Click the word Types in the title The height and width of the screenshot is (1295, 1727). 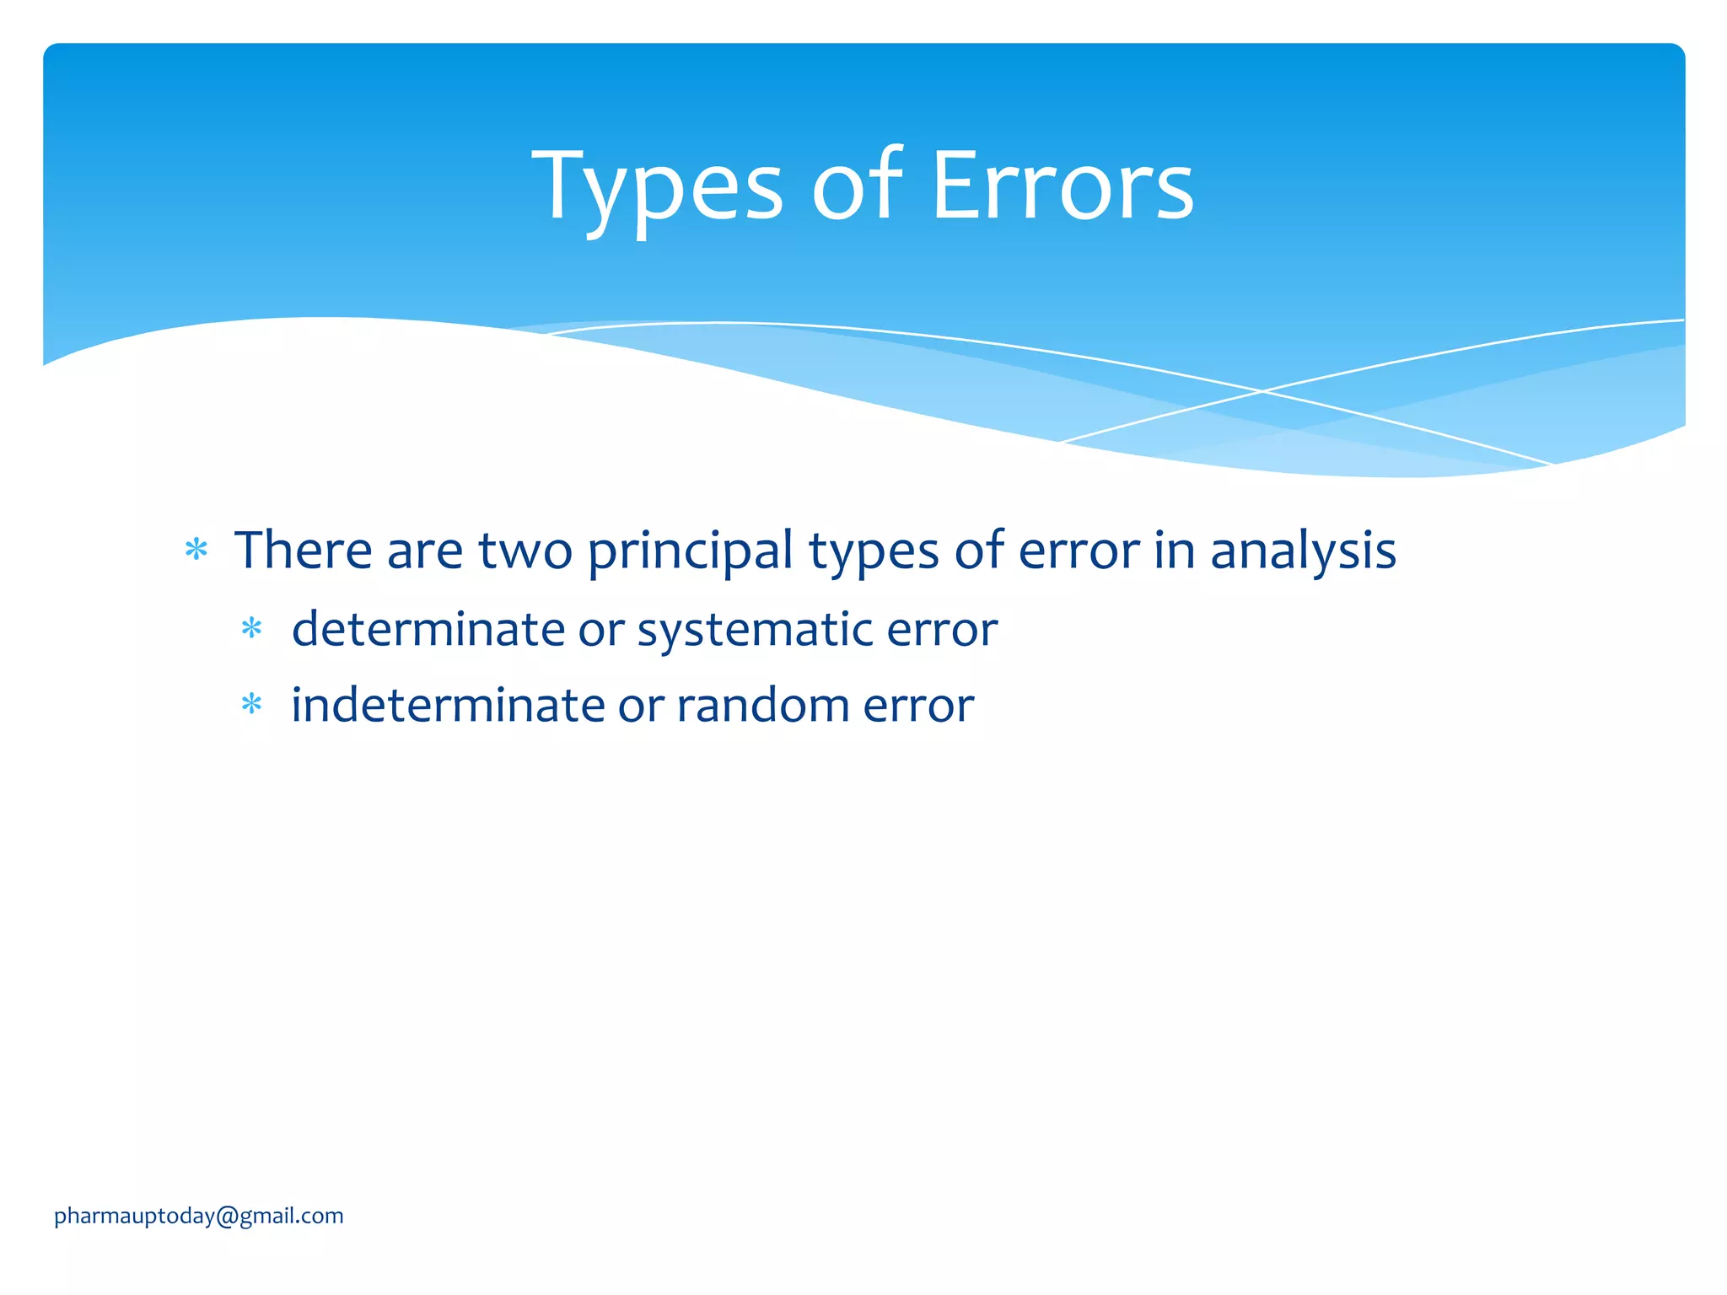(658, 187)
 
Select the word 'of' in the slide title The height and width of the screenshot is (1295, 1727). (857, 187)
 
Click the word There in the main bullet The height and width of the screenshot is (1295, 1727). (303, 551)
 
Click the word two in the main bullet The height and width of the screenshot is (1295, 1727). (525, 551)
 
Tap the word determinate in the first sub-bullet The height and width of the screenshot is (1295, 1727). (428, 630)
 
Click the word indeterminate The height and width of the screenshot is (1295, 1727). (448, 706)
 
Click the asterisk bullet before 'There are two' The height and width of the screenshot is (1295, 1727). (196, 551)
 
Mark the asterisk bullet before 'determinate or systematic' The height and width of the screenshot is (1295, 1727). (251, 629)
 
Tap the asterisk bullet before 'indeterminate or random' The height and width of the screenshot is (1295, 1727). (251, 704)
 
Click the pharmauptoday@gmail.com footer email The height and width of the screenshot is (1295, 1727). (199, 1216)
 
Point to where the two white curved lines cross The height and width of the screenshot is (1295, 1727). (1262, 391)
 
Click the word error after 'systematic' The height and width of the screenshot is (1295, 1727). (942, 630)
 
